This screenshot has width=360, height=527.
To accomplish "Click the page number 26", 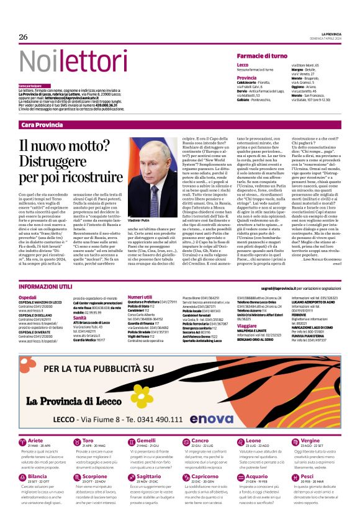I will coord(24,37).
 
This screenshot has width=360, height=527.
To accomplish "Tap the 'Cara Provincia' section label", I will coord(42,125).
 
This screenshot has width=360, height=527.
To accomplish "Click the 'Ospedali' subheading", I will coord(27,298).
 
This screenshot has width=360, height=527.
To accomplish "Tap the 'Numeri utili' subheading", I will coord(140,298).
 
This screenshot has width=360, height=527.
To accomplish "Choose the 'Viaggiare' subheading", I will coord(247,325).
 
